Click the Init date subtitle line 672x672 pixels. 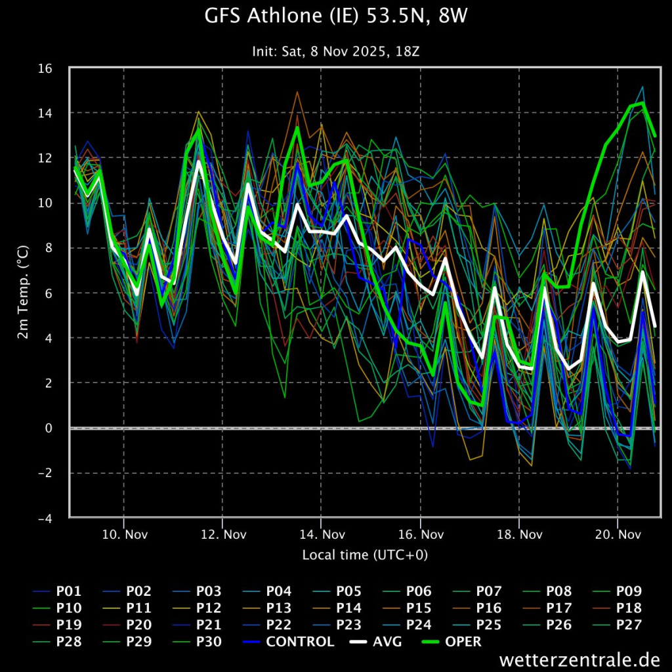pos(336,51)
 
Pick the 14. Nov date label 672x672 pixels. pos(321,534)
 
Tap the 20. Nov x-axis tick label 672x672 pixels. pos(618,534)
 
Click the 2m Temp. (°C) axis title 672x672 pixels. pos(23,293)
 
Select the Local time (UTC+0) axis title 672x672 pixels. pos(365,555)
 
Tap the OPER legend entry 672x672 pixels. pos(462,641)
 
